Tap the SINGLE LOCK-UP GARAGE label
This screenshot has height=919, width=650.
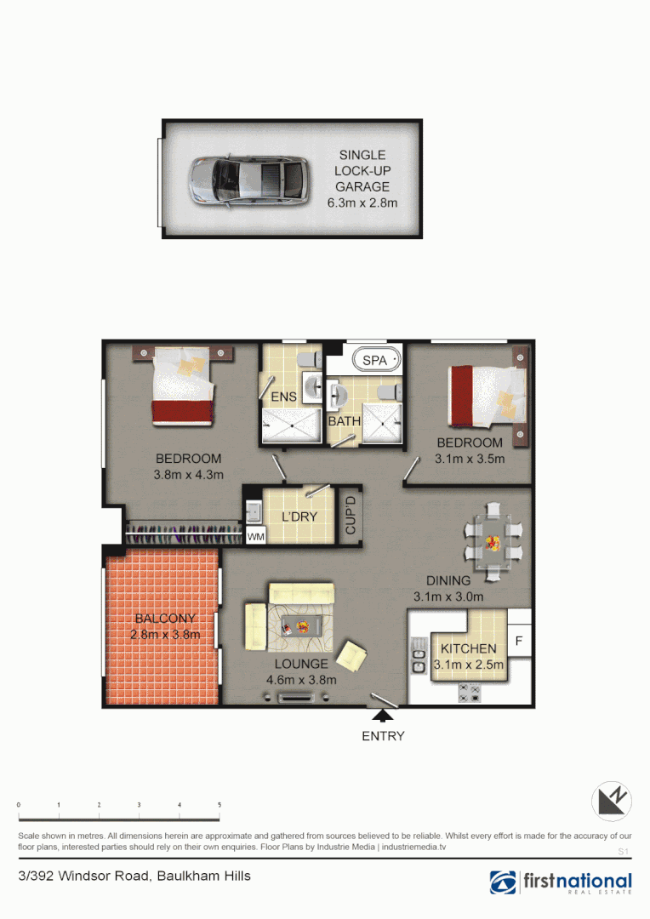point(362,171)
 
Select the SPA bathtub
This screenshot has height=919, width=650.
point(374,361)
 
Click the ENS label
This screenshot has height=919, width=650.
point(283,397)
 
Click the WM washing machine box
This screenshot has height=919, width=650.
point(254,537)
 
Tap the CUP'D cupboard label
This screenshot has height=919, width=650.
point(350,516)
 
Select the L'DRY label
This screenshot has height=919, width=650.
point(299,517)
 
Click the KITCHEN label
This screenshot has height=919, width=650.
point(468,648)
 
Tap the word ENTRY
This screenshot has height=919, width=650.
point(383,736)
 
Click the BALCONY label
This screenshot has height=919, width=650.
point(165,619)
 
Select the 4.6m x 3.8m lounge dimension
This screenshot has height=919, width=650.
point(301,680)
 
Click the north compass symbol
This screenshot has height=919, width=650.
point(612,801)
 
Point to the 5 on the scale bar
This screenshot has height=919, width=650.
point(220,804)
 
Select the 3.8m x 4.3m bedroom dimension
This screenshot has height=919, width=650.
point(189,475)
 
